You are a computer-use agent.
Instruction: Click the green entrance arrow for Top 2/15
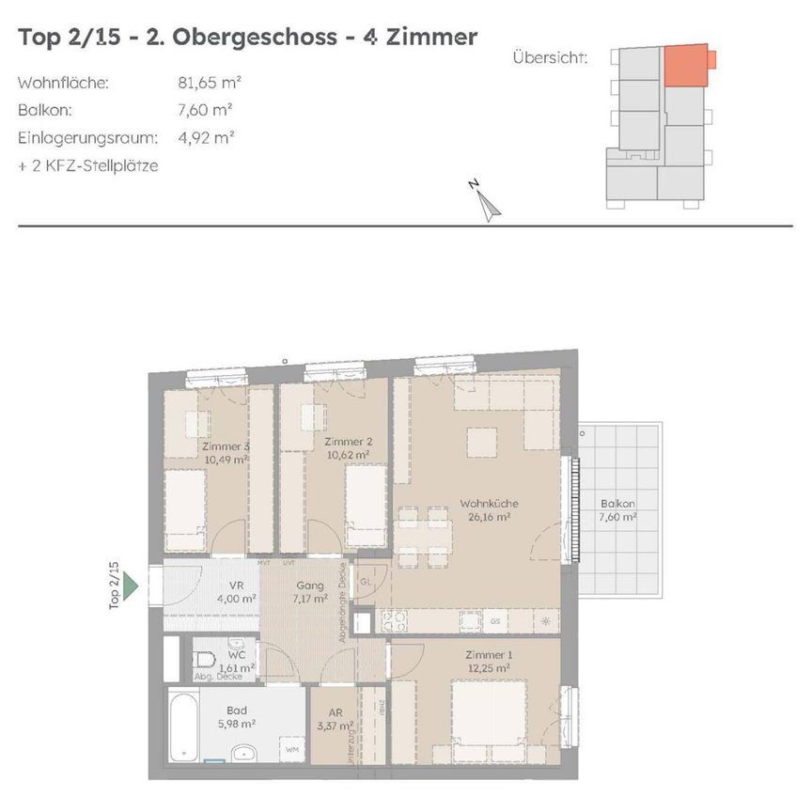pyautogui.click(x=132, y=586)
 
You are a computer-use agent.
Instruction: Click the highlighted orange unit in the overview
pyautogui.click(x=685, y=65)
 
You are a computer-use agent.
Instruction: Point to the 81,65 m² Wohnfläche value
pyautogui.click(x=206, y=83)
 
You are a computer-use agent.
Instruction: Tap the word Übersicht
pyautogui.click(x=550, y=58)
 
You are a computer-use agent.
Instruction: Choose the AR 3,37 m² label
pyautogui.click(x=336, y=719)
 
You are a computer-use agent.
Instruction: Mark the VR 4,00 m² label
pyautogui.click(x=236, y=591)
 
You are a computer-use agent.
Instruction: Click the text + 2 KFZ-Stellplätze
pyautogui.click(x=88, y=166)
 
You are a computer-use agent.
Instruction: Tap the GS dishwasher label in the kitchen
pyautogui.click(x=495, y=621)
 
